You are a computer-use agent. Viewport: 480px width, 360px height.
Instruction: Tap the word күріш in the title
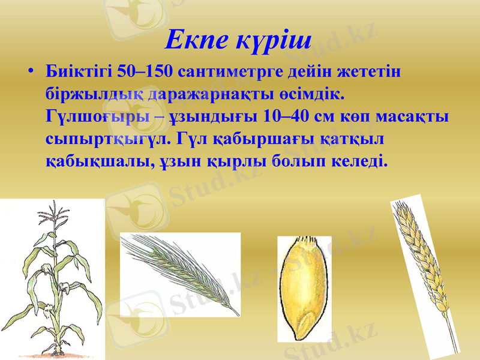point(275,41)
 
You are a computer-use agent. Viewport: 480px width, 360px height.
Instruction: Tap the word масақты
point(412,116)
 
